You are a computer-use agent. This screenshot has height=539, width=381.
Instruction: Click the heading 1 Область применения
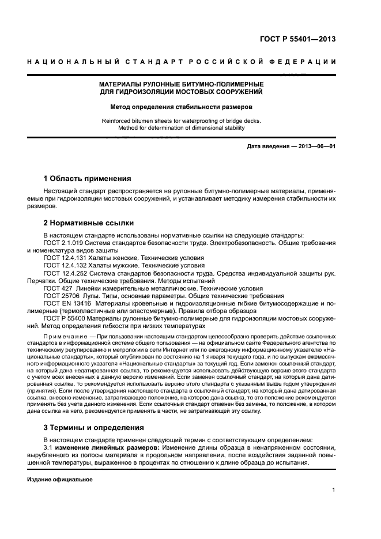coord(88,178)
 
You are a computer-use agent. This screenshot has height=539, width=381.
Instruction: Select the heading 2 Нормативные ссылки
coord(89,223)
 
